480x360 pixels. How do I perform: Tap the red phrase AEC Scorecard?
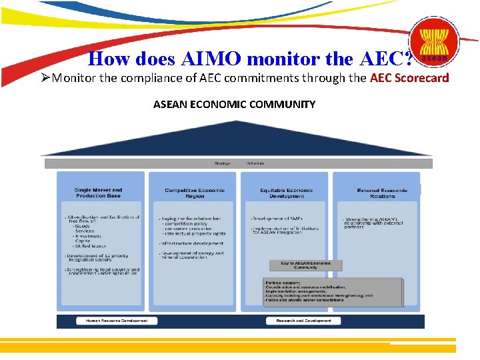(x=409, y=78)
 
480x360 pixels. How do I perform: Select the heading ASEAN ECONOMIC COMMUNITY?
(x=234, y=104)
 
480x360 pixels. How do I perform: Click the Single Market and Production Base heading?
(x=99, y=193)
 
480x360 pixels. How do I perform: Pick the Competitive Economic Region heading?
(x=195, y=193)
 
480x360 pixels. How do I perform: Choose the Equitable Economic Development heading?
(x=287, y=193)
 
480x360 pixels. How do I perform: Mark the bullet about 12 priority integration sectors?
(x=100, y=257)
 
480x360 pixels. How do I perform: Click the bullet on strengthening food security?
(x=102, y=271)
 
